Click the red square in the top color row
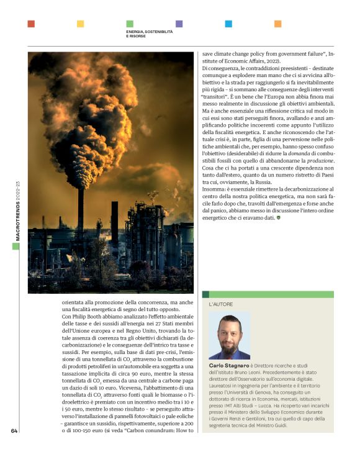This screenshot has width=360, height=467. coord(31,24)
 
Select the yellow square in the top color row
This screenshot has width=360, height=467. coord(80,24)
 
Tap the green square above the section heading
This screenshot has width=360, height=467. coord(130,24)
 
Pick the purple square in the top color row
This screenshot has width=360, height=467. coord(179,24)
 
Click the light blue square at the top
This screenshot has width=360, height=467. coord(228,24)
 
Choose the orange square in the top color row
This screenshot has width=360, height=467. coord(278,24)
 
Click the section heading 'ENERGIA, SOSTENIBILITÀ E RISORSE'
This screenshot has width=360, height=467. coord(149,34)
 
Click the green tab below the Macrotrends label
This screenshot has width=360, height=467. coord(16,247)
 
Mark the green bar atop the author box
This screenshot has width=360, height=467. coord(268,294)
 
